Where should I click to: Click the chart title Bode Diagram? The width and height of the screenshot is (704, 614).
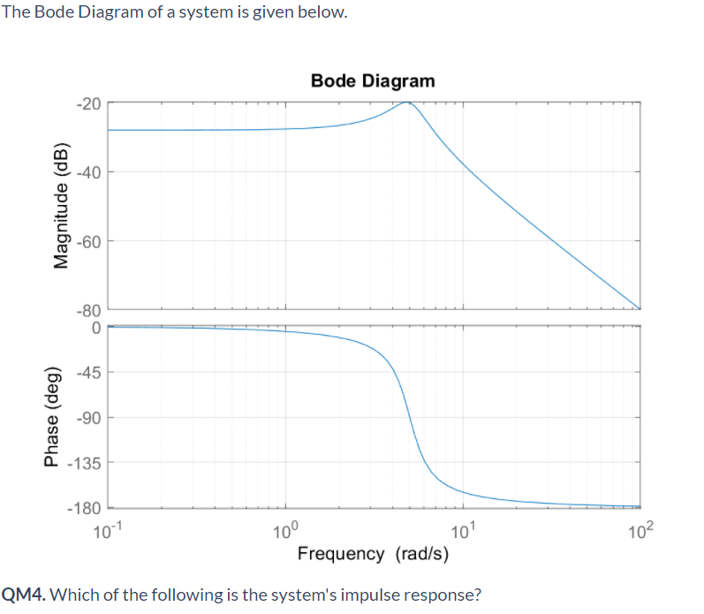click(373, 81)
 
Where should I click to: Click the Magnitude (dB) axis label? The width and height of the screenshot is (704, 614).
click(61, 204)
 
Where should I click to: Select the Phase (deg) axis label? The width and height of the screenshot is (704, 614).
click(52, 416)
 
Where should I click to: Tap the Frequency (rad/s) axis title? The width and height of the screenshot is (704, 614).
click(373, 554)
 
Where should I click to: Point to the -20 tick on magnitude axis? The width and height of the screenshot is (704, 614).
click(88, 103)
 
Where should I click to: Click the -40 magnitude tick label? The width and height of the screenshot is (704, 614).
click(88, 171)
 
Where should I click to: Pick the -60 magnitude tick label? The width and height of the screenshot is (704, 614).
click(88, 240)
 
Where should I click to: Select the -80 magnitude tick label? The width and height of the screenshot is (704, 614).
click(88, 310)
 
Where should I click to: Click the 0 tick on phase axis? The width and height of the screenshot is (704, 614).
click(95, 326)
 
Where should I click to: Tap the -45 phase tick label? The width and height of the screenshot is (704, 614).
click(88, 372)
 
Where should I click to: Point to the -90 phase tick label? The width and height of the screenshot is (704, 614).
click(88, 418)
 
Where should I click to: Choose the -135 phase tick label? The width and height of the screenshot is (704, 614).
click(86, 463)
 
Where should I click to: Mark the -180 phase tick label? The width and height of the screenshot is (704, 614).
click(86, 509)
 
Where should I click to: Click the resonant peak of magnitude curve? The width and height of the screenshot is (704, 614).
click(406, 102)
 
